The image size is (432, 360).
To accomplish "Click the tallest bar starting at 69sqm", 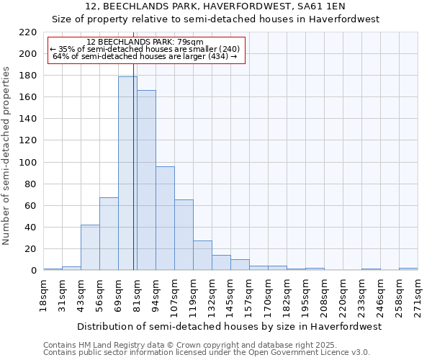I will pos(127,173).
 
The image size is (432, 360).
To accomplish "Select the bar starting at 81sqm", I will pos(146,180).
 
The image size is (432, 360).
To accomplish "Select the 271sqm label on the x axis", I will pos(418,295).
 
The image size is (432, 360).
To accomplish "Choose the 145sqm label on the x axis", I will pos(230,295).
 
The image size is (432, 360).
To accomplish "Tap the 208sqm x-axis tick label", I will pos(324,295).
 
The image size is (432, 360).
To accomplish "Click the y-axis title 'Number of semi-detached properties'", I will pos(7,156).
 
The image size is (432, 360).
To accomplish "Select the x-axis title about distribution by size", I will pos(229,326).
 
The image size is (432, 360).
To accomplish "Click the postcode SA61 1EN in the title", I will pos(323,6).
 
